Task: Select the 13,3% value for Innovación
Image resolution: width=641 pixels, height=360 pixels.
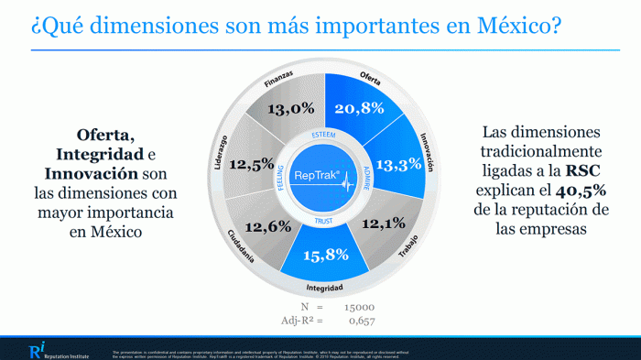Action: click(398, 164)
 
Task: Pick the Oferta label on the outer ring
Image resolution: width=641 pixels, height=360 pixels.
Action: click(371, 78)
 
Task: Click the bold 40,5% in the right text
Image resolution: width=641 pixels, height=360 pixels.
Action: click(550, 192)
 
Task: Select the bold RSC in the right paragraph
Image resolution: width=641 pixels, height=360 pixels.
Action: click(581, 171)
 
